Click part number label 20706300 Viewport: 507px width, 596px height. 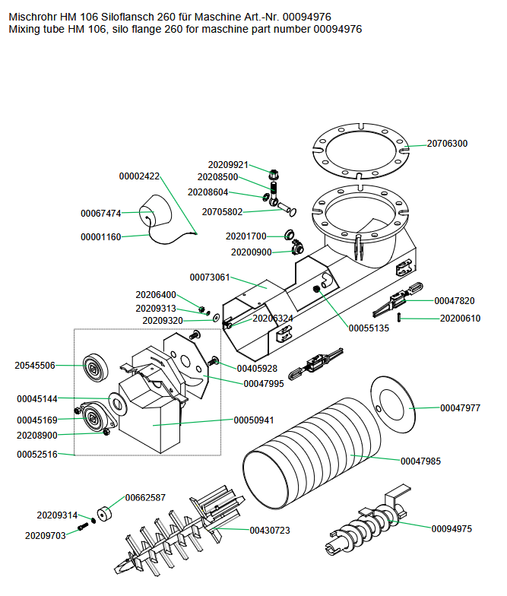tap(447, 144)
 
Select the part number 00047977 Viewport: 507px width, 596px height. tap(460, 408)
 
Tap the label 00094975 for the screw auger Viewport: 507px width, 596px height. tap(452, 528)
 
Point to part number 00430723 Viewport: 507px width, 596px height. tap(270, 531)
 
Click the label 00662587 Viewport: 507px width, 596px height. tap(145, 497)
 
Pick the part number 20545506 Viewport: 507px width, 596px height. tap(35, 366)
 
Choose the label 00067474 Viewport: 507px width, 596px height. tap(101, 213)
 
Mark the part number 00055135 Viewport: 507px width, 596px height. tap(369, 328)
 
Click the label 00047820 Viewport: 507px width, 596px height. tap(455, 301)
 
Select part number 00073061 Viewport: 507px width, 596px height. tap(210, 277)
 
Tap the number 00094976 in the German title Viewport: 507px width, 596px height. tap(307, 17)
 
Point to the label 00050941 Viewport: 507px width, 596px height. tap(254, 420)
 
